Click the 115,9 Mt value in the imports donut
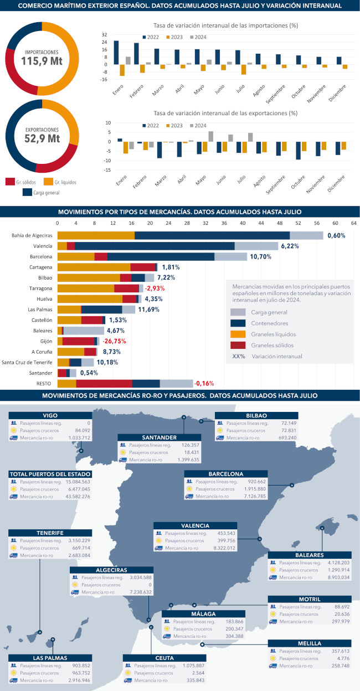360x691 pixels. [x=42, y=61]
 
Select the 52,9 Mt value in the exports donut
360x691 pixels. [x=42, y=138]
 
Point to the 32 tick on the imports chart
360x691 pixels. [x=105, y=34]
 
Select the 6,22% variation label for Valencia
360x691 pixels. [x=290, y=246]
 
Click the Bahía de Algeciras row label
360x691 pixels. [x=32, y=235]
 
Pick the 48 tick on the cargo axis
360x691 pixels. [x=279, y=223]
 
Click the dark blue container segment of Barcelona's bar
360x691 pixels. [x=161, y=257]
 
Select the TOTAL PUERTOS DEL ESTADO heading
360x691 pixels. [x=50, y=474]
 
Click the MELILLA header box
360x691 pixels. [x=310, y=644]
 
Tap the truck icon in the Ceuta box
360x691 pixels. [x=128, y=680]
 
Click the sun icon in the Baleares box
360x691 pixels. [x=272, y=570]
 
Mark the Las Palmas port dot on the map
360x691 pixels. [x=53, y=640]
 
